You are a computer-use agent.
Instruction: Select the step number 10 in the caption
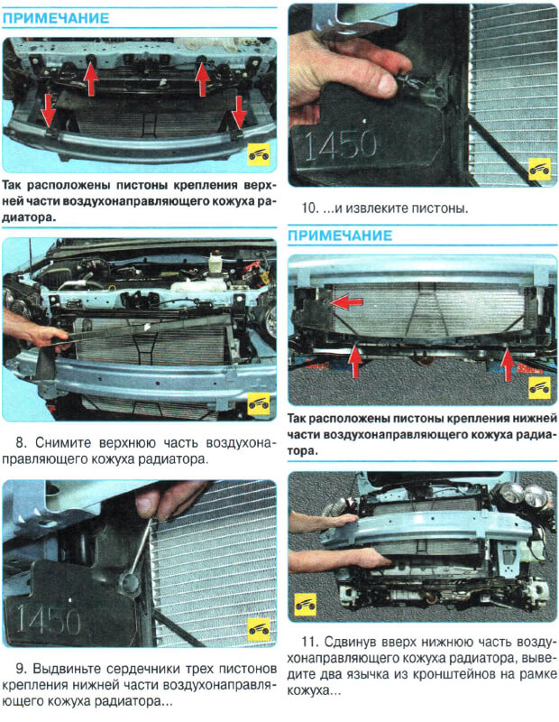[x=310, y=208]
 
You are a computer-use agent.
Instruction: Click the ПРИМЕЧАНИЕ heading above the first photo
[x=56, y=18]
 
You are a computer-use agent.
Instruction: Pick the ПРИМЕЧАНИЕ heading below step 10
[x=340, y=236]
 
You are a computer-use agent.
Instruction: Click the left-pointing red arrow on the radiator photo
[x=346, y=302]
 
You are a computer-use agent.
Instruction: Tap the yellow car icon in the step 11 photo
[x=306, y=605]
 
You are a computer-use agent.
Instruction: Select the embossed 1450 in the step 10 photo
[x=340, y=144]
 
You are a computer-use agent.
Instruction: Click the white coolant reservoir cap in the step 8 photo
[x=215, y=258]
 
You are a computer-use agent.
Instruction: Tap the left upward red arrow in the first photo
[x=91, y=79]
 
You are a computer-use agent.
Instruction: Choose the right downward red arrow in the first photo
[x=239, y=111]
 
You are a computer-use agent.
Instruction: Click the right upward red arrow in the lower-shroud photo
[x=508, y=365]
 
